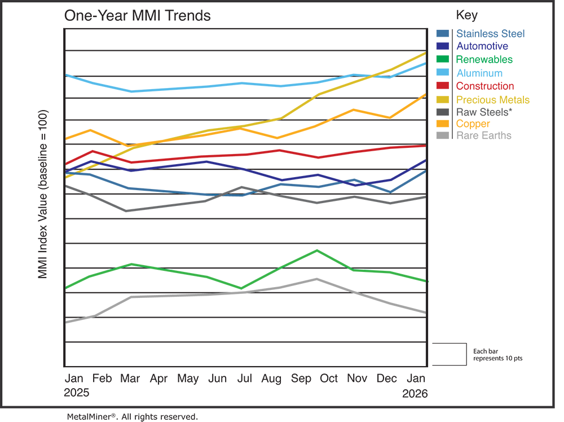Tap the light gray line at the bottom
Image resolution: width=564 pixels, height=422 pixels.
point(186,300)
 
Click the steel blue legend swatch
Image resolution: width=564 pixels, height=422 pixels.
point(441,28)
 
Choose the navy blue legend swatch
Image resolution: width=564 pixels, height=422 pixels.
point(441,46)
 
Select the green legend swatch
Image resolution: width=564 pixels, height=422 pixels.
point(441,59)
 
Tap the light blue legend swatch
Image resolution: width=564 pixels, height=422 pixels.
point(441,72)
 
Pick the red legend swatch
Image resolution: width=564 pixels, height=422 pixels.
point(441,85)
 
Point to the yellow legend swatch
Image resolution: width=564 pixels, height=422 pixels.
point(441,99)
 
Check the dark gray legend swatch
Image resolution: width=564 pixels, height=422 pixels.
point(441,111)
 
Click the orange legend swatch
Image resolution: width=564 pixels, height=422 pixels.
point(441,124)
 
